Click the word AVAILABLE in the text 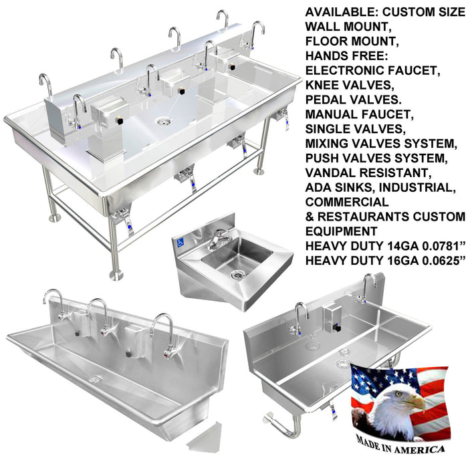tap(342, 12)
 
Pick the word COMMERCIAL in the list tap(347, 203)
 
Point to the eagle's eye tap(398, 394)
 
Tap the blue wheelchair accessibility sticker tap(181, 243)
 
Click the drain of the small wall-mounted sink tap(237, 275)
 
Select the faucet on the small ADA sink tap(219, 239)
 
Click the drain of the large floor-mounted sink tap(164, 122)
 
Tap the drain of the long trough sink tap(95, 380)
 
